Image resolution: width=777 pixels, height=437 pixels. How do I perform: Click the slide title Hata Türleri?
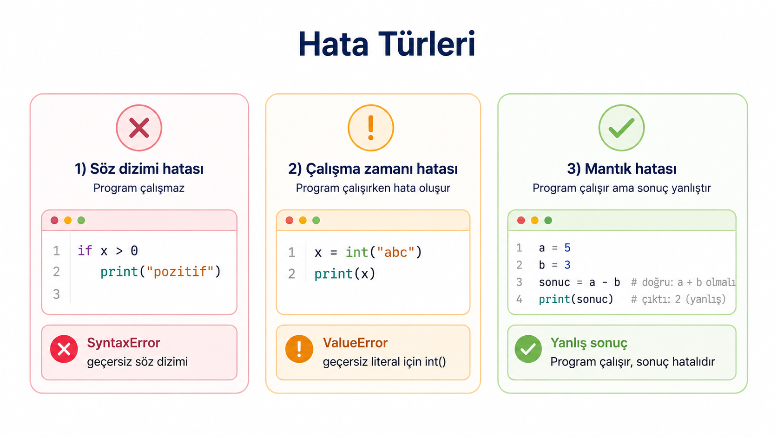[387, 44]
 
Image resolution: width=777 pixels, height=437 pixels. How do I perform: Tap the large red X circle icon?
[139, 128]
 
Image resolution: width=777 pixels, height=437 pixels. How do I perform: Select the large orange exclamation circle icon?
[371, 128]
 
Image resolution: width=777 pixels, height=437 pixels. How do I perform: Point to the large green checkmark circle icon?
[622, 128]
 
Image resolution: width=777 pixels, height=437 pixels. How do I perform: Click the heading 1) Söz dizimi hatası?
[139, 169]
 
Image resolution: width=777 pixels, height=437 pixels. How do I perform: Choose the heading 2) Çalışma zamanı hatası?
[373, 169]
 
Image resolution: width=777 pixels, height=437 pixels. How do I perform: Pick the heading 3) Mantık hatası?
[622, 169]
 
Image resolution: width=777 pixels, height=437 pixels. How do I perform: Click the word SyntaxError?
[124, 343]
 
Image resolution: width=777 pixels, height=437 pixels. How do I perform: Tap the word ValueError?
[355, 343]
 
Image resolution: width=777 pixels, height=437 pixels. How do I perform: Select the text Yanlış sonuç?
[589, 343]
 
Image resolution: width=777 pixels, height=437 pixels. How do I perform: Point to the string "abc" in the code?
[396, 252]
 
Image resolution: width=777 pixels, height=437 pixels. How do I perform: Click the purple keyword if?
[85, 250]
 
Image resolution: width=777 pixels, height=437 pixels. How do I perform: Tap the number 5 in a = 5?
[567, 248]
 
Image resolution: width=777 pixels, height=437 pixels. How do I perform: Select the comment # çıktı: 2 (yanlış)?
[678, 299]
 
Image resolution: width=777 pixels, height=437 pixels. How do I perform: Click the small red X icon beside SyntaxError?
[64, 349]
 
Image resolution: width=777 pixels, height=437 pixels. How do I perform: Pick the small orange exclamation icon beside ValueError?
[299, 349]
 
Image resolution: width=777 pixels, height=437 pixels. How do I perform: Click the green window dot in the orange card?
[316, 221]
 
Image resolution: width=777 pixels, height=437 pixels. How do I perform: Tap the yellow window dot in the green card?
[534, 221]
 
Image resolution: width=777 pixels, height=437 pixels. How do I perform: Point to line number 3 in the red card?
[56, 294]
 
